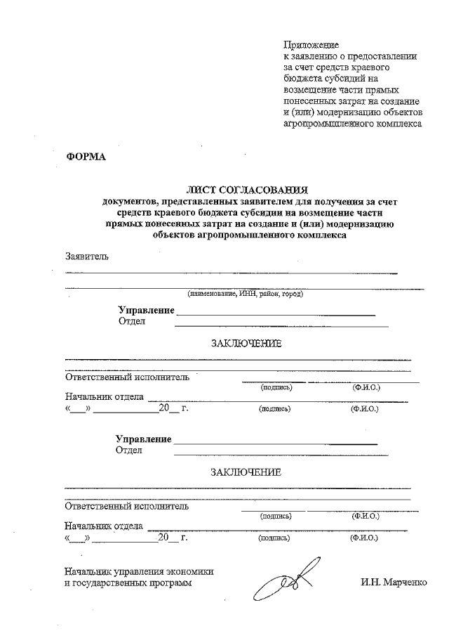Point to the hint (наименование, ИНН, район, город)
click(245, 293)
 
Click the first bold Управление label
click(146, 310)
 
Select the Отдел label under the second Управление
click(129, 450)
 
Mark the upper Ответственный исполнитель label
click(127, 377)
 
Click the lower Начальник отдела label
click(104, 526)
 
